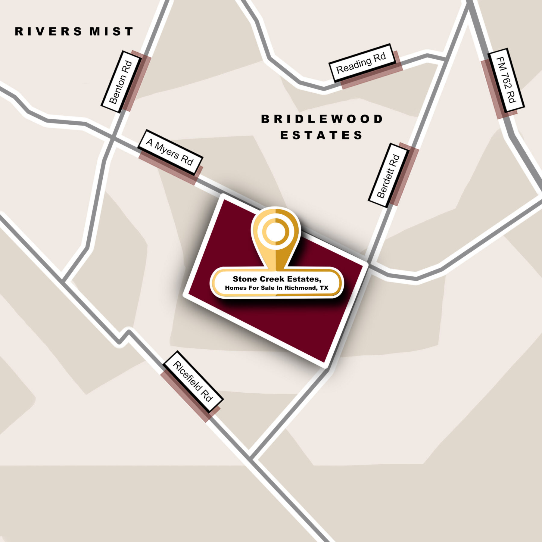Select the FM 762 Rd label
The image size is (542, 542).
point(506,80)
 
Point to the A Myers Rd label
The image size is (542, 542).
point(170,152)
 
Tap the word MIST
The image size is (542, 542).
point(111,32)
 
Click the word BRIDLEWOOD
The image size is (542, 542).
point(322,119)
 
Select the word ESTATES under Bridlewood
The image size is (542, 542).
point(322,135)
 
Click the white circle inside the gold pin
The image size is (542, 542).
point(275,232)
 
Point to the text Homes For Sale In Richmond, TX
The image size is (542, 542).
point(276,288)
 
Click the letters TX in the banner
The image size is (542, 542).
point(324,288)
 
